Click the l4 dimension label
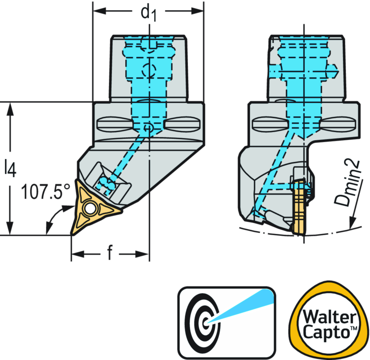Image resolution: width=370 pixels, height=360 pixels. click(10, 169)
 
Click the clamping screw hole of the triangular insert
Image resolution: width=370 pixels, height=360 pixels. click(89, 208)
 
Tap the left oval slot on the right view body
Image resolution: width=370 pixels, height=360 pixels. click(270, 124)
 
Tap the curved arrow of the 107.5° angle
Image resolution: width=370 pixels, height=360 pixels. click(54, 217)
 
